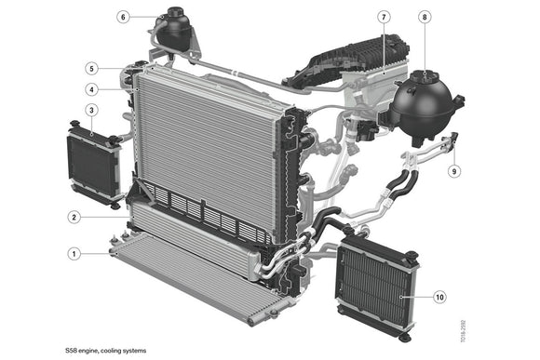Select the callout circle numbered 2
(x=74, y=218)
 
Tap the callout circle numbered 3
(x=91, y=111)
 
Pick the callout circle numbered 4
(x=92, y=90)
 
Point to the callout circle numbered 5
(x=91, y=68)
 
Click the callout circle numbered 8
(x=425, y=18)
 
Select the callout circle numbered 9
(x=454, y=171)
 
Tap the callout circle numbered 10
(x=439, y=297)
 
